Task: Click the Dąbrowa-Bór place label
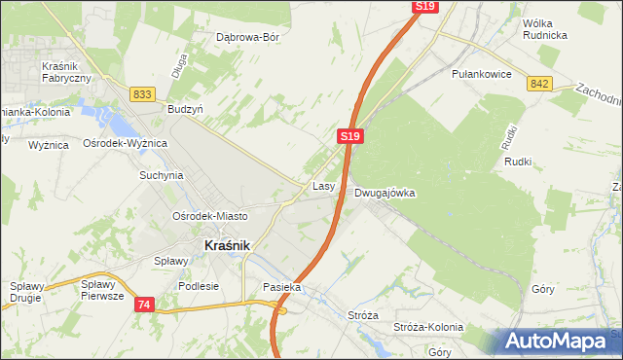click(248, 37)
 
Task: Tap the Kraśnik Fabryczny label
click(66, 72)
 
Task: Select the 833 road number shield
click(142, 93)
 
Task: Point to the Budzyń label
click(185, 110)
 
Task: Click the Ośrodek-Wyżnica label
click(126, 143)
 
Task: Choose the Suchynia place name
click(162, 176)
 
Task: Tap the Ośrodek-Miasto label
click(209, 216)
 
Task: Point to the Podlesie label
click(199, 287)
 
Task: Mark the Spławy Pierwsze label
click(102, 291)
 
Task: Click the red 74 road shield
click(145, 305)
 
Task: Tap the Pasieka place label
click(282, 288)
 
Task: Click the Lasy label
click(324, 185)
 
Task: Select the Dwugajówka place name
click(385, 193)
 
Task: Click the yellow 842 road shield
click(540, 84)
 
